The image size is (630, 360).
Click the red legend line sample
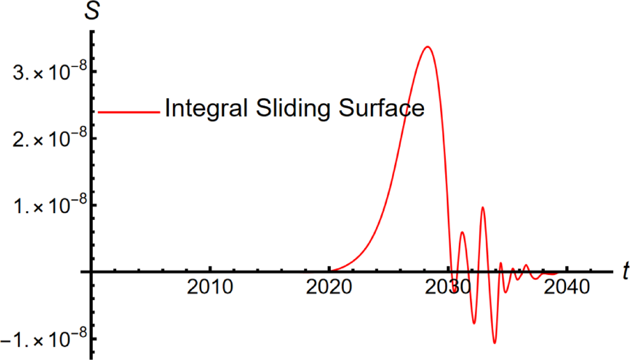tap(129, 111)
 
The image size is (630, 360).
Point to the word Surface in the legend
tap(369, 109)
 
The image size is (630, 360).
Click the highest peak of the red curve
tap(427, 46)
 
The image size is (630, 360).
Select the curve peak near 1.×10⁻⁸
tap(482, 207)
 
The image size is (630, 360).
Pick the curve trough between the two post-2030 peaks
tap(474, 323)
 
